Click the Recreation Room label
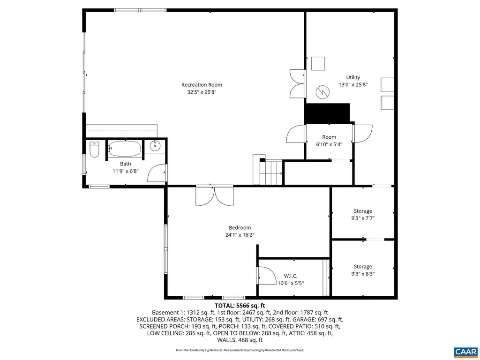(202, 85)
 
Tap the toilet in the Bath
(94, 150)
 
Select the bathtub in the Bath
(125, 149)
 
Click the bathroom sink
(156, 146)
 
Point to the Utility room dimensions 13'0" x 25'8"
(353, 85)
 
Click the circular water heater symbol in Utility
(322, 91)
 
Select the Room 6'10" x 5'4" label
(329, 141)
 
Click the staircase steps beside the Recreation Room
(271, 173)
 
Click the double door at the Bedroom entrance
(215, 196)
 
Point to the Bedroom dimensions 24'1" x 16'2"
(240, 235)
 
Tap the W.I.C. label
(291, 276)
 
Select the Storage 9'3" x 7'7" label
(363, 215)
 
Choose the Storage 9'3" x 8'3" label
(363, 270)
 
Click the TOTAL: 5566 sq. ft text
(240, 306)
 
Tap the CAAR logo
(465, 352)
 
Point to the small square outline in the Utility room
(318, 64)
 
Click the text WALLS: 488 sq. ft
(240, 340)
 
